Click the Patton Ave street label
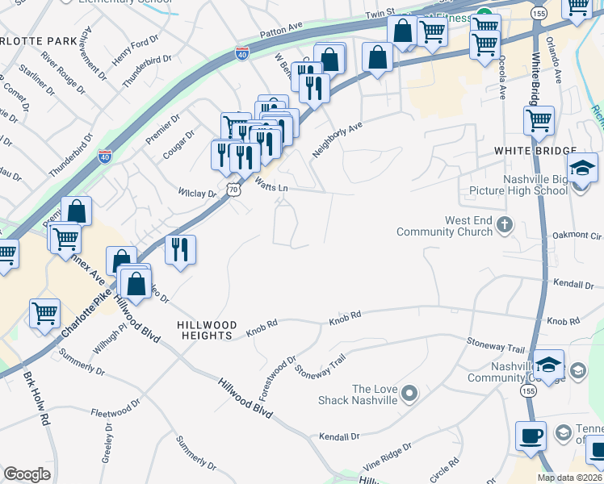click(x=281, y=31)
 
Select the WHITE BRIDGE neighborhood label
click(x=536, y=152)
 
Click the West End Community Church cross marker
click(x=505, y=224)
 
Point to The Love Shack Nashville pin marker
click(x=409, y=394)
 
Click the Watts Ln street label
click(x=271, y=187)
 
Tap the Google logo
click(x=27, y=474)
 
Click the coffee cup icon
click(x=531, y=436)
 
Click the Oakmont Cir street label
click(x=577, y=236)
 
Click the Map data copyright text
click(x=569, y=478)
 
